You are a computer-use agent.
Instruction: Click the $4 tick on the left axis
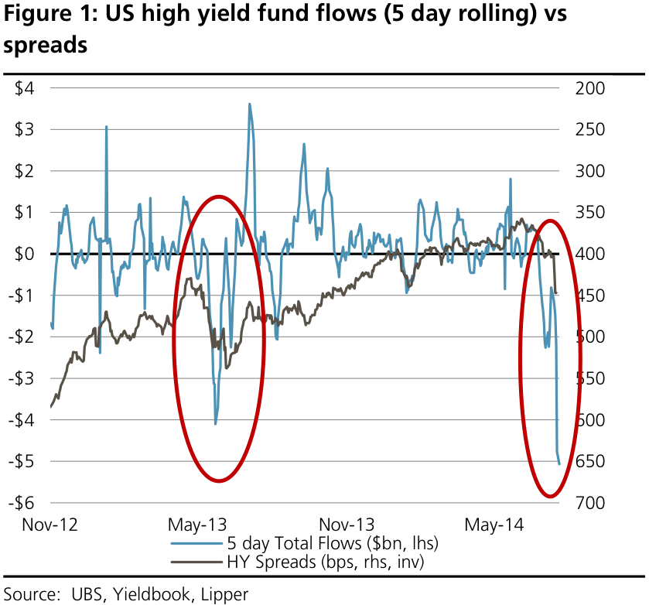pyautogui.click(x=23, y=88)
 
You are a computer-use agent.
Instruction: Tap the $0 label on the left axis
pyautogui.click(x=23, y=254)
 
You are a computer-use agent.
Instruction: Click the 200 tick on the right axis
pyautogui.click(x=591, y=88)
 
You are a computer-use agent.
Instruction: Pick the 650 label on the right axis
pyautogui.click(x=591, y=462)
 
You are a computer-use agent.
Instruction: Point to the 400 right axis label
pyautogui.click(x=591, y=254)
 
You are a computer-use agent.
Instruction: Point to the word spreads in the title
pyautogui.click(x=44, y=46)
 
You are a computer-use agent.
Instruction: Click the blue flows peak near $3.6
pyautogui.click(x=249, y=104)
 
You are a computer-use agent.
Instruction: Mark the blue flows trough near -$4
pyautogui.click(x=215, y=423)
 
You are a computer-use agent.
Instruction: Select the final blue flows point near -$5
pyautogui.click(x=559, y=463)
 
